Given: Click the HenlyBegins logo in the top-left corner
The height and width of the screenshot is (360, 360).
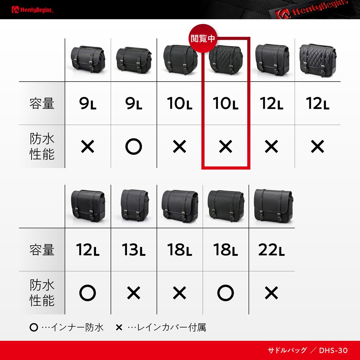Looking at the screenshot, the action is [x=32, y=9].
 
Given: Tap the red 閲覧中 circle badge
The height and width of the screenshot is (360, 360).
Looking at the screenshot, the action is [x=203, y=38].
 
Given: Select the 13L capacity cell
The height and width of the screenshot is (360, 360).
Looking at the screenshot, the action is [x=134, y=250].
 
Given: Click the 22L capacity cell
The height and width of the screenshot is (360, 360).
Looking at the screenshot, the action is [x=271, y=250].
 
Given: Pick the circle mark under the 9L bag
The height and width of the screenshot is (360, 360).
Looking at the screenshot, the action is [x=134, y=147].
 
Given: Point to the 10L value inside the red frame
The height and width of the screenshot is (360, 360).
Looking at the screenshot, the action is [x=225, y=103].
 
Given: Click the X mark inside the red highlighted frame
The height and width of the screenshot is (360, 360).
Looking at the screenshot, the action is [x=225, y=147].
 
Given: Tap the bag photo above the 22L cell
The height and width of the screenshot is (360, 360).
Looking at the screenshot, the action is [x=273, y=206].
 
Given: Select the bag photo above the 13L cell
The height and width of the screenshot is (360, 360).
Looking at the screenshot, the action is [x=135, y=205].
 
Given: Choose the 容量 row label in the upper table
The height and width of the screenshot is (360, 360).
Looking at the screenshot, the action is [x=42, y=103].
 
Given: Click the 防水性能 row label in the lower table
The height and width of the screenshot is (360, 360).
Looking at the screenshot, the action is [x=42, y=293].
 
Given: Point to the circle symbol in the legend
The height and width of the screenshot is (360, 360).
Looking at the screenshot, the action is [x=34, y=327].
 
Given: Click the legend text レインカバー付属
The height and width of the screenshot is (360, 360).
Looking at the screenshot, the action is [x=171, y=327].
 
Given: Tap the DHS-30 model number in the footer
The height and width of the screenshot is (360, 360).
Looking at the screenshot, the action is [x=333, y=351].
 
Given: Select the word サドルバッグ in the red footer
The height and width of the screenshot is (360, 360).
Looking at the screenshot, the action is [x=287, y=351].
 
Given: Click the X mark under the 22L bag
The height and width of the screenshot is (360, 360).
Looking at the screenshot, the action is [x=271, y=293].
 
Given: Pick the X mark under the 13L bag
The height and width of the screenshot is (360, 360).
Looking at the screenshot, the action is [x=134, y=293].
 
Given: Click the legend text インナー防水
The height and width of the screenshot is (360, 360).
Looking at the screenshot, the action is [x=77, y=327].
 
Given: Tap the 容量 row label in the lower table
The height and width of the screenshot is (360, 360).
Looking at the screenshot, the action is [x=42, y=250].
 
